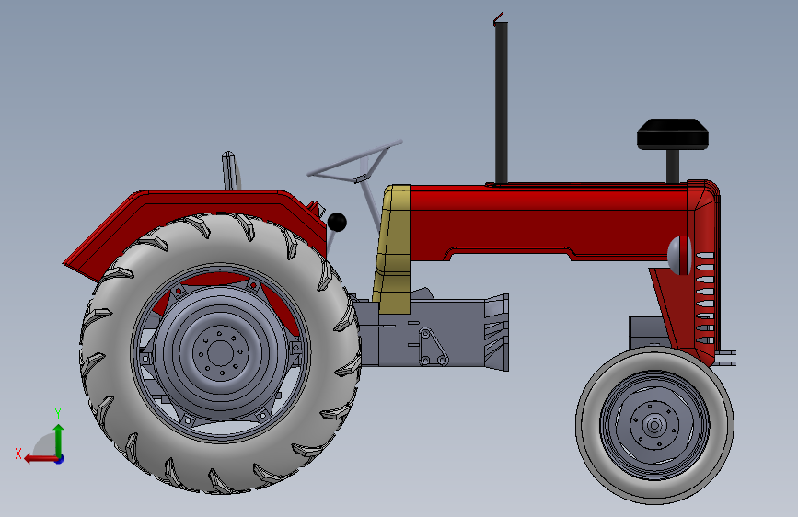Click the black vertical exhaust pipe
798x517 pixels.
pyautogui.click(x=502, y=101)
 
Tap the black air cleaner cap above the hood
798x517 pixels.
pyautogui.click(x=673, y=134)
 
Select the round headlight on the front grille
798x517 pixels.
pyautogui.click(x=679, y=255)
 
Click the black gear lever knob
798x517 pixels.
pyautogui.click(x=337, y=222)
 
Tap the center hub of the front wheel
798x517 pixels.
pyautogui.click(x=654, y=425)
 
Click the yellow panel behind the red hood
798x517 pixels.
pyautogui.click(x=394, y=248)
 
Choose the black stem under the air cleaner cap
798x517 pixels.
pyautogui.click(x=673, y=165)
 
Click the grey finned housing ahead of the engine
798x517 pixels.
pyautogui.click(x=494, y=331)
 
